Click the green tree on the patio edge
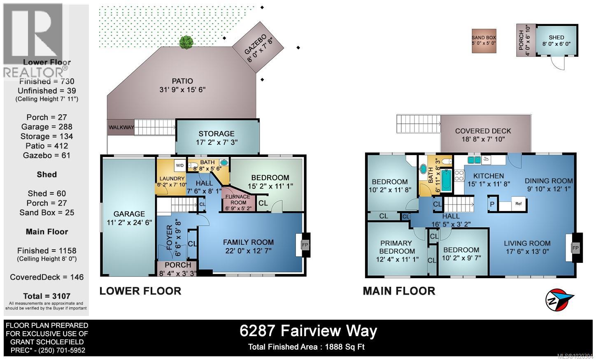[186, 42]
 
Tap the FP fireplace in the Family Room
[305, 245]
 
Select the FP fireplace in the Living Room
[575, 248]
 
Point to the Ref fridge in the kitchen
[518, 204]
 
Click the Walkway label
[121, 128]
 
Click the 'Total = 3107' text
[47, 296]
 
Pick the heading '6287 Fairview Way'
[308, 331]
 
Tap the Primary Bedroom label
[396, 247]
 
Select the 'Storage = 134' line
[47, 136]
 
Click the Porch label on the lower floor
[177, 265]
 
